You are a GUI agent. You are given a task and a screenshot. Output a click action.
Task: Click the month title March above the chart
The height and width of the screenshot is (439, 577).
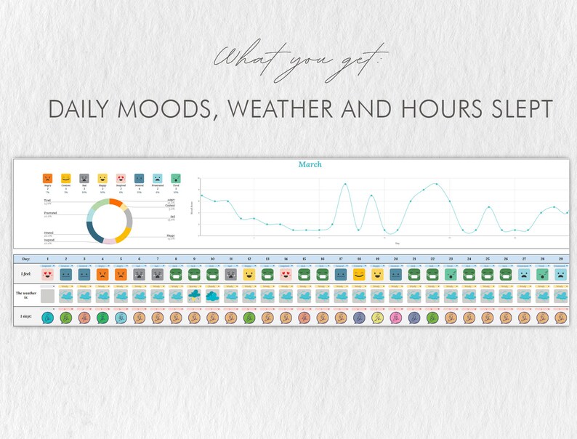(310, 165)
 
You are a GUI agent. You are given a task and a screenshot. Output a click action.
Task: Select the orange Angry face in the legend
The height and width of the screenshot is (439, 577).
(47, 178)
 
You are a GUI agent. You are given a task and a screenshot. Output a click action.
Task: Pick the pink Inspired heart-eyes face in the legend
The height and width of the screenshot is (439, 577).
(121, 178)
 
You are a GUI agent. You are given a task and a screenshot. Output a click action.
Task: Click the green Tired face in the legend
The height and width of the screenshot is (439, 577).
(175, 178)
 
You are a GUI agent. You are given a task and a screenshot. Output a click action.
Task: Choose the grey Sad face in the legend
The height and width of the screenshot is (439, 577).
(84, 178)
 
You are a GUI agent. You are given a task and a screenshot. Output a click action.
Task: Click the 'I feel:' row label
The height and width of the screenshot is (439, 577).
(25, 275)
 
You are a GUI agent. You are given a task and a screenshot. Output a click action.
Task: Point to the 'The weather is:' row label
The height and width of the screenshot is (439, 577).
(25, 296)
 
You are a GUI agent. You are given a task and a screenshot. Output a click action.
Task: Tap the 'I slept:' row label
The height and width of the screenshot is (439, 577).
(25, 317)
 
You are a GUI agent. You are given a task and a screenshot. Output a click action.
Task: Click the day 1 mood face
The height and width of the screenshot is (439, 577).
(48, 275)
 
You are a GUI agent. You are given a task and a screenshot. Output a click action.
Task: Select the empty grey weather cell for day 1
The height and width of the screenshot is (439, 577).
(48, 296)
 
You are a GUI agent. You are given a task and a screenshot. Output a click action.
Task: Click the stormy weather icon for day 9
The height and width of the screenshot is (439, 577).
(194, 296)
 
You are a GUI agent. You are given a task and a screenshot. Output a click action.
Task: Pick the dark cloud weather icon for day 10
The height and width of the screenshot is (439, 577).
(212, 296)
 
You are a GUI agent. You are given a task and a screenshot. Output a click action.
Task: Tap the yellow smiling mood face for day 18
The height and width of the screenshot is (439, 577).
(359, 275)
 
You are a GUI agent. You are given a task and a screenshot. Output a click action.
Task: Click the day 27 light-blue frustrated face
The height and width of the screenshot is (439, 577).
(524, 275)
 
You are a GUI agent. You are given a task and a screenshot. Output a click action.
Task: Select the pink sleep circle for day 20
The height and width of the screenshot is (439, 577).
(395, 317)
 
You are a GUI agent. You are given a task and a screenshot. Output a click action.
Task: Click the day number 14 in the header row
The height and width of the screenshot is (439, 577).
(286, 259)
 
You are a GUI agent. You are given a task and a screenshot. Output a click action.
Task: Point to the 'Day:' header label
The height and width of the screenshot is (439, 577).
(26, 259)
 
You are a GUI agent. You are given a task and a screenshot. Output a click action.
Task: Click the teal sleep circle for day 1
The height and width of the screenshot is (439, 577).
(48, 317)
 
